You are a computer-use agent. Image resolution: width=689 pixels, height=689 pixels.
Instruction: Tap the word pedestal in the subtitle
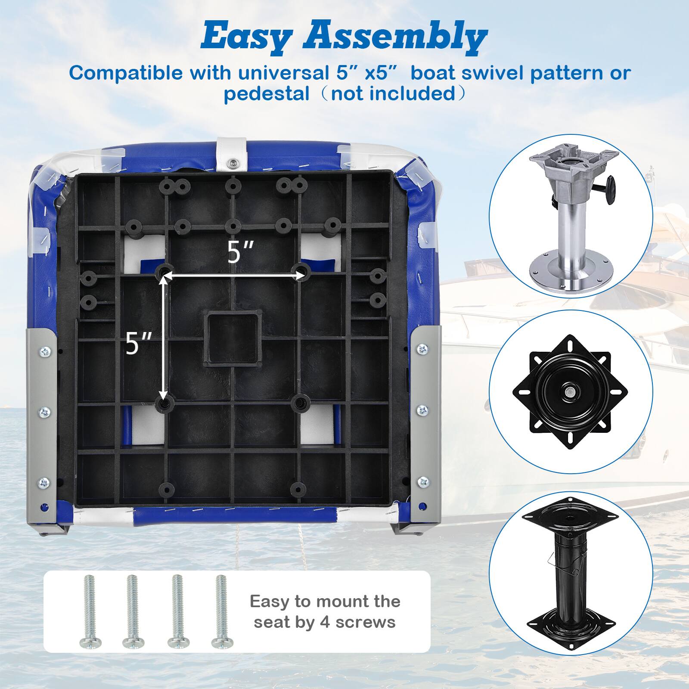click(266, 93)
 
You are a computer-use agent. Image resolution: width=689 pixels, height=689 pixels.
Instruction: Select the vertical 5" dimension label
click(139, 343)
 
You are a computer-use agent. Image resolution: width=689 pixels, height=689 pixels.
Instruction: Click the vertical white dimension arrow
click(163, 338)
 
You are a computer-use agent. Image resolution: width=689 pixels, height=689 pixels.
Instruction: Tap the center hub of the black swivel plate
click(569, 391)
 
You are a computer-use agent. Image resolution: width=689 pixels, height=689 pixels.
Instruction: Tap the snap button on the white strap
click(233, 162)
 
